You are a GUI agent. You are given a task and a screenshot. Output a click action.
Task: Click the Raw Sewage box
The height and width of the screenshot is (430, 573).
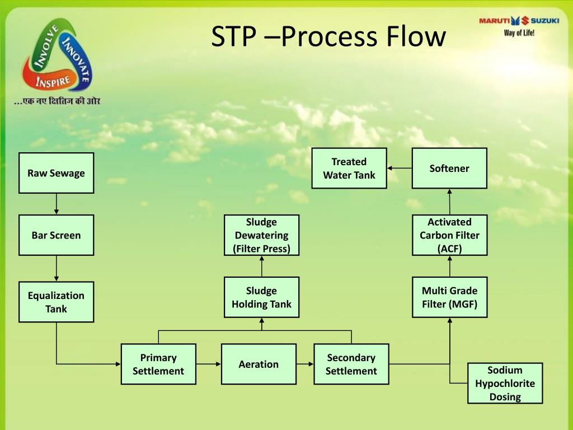point(56,173)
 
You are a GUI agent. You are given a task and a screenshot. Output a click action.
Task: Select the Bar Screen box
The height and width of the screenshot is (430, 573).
point(56,235)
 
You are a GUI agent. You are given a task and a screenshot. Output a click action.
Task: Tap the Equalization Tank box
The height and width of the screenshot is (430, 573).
point(56,302)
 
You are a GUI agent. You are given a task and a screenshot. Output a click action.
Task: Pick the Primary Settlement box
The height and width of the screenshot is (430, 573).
point(158,364)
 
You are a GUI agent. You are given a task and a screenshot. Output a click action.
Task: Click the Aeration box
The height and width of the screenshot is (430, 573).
point(259,364)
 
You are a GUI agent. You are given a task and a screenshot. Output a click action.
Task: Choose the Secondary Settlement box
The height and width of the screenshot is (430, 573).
point(351,364)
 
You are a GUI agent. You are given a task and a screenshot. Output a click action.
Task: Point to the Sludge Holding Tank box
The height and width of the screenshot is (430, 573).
point(261,297)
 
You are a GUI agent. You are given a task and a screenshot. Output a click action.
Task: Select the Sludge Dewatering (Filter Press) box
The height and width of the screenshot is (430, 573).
point(261,235)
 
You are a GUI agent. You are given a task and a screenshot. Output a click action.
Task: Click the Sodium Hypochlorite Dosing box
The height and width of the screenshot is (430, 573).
point(505,384)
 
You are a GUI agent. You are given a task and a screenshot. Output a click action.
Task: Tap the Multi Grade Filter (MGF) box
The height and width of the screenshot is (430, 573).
point(449,297)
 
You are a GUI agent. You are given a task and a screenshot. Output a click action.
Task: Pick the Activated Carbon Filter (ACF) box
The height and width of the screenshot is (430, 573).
point(449,235)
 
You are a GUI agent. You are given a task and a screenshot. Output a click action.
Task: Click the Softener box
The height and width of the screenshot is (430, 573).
point(449,168)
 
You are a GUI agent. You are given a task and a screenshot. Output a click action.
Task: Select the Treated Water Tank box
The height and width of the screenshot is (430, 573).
point(349,168)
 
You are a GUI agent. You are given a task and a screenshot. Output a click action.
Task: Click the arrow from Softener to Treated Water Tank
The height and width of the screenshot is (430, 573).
point(400,168)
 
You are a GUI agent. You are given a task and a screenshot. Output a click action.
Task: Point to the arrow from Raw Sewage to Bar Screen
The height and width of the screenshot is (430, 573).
point(56,204)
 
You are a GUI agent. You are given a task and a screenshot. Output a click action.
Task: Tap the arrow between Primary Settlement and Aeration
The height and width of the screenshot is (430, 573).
point(209,364)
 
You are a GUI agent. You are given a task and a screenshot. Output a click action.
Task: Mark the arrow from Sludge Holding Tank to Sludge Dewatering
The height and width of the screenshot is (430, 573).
point(261,266)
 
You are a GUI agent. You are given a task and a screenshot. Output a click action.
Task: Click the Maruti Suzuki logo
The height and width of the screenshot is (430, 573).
point(519,25)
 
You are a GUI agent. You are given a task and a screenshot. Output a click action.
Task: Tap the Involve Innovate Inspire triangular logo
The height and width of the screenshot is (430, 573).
point(56,56)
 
